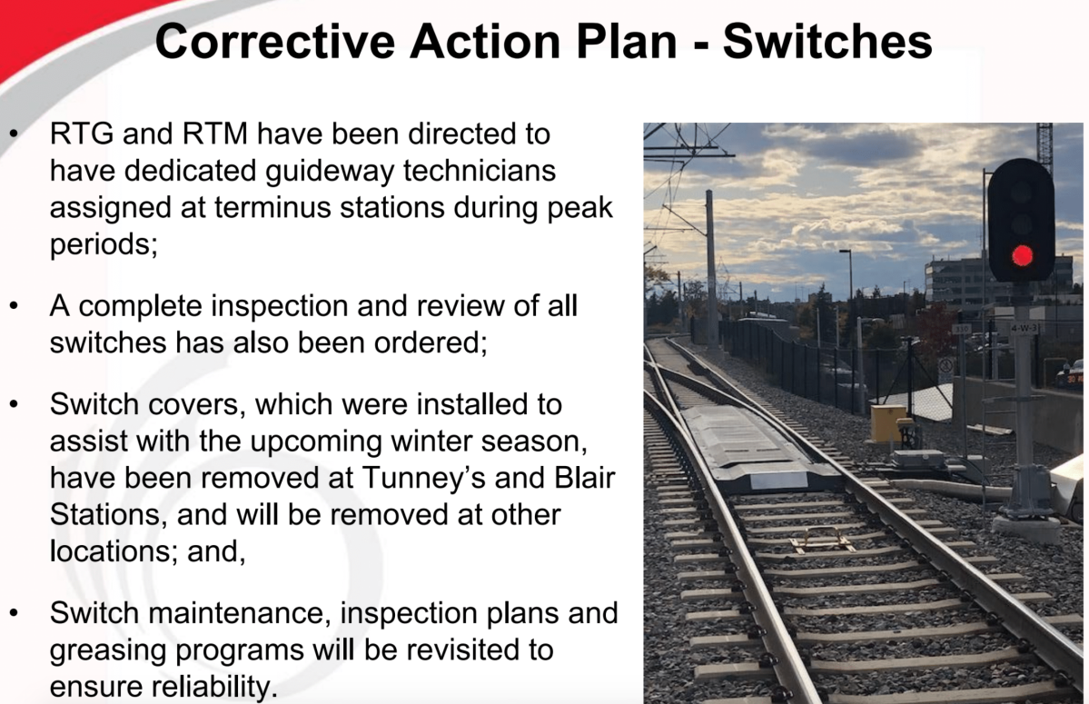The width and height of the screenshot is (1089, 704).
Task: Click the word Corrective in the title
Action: (275, 41)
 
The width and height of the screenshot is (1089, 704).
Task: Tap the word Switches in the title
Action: (827, 41)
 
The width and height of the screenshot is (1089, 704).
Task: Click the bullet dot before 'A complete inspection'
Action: (14, 306)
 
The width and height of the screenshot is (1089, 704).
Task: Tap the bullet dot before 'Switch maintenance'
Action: (14, 614)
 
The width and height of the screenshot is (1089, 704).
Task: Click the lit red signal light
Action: (1022, 255)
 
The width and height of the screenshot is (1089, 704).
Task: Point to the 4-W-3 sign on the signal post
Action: (1023, 328)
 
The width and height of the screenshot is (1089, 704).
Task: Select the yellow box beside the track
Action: (888, 422)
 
